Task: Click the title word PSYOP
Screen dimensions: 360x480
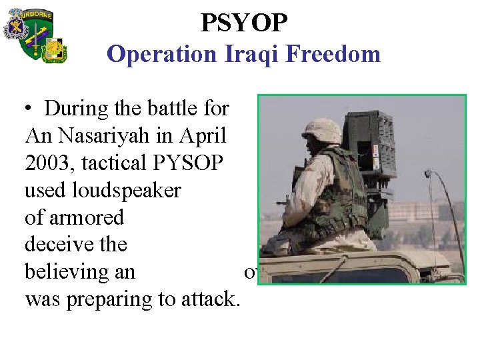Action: point(244,23)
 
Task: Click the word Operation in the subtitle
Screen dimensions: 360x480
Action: point(161,54)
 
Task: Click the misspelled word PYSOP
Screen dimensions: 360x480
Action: point(189,163)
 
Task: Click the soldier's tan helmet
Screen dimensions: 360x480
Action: point(321,131)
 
